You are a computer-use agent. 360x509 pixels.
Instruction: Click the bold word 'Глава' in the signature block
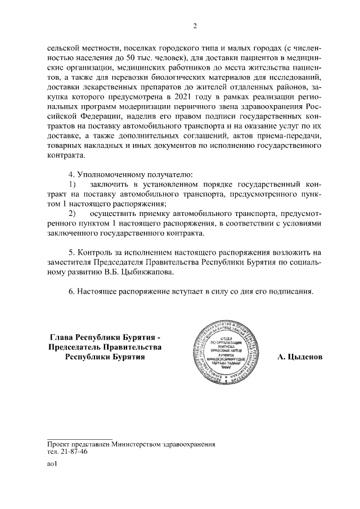tap(62, 336)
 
